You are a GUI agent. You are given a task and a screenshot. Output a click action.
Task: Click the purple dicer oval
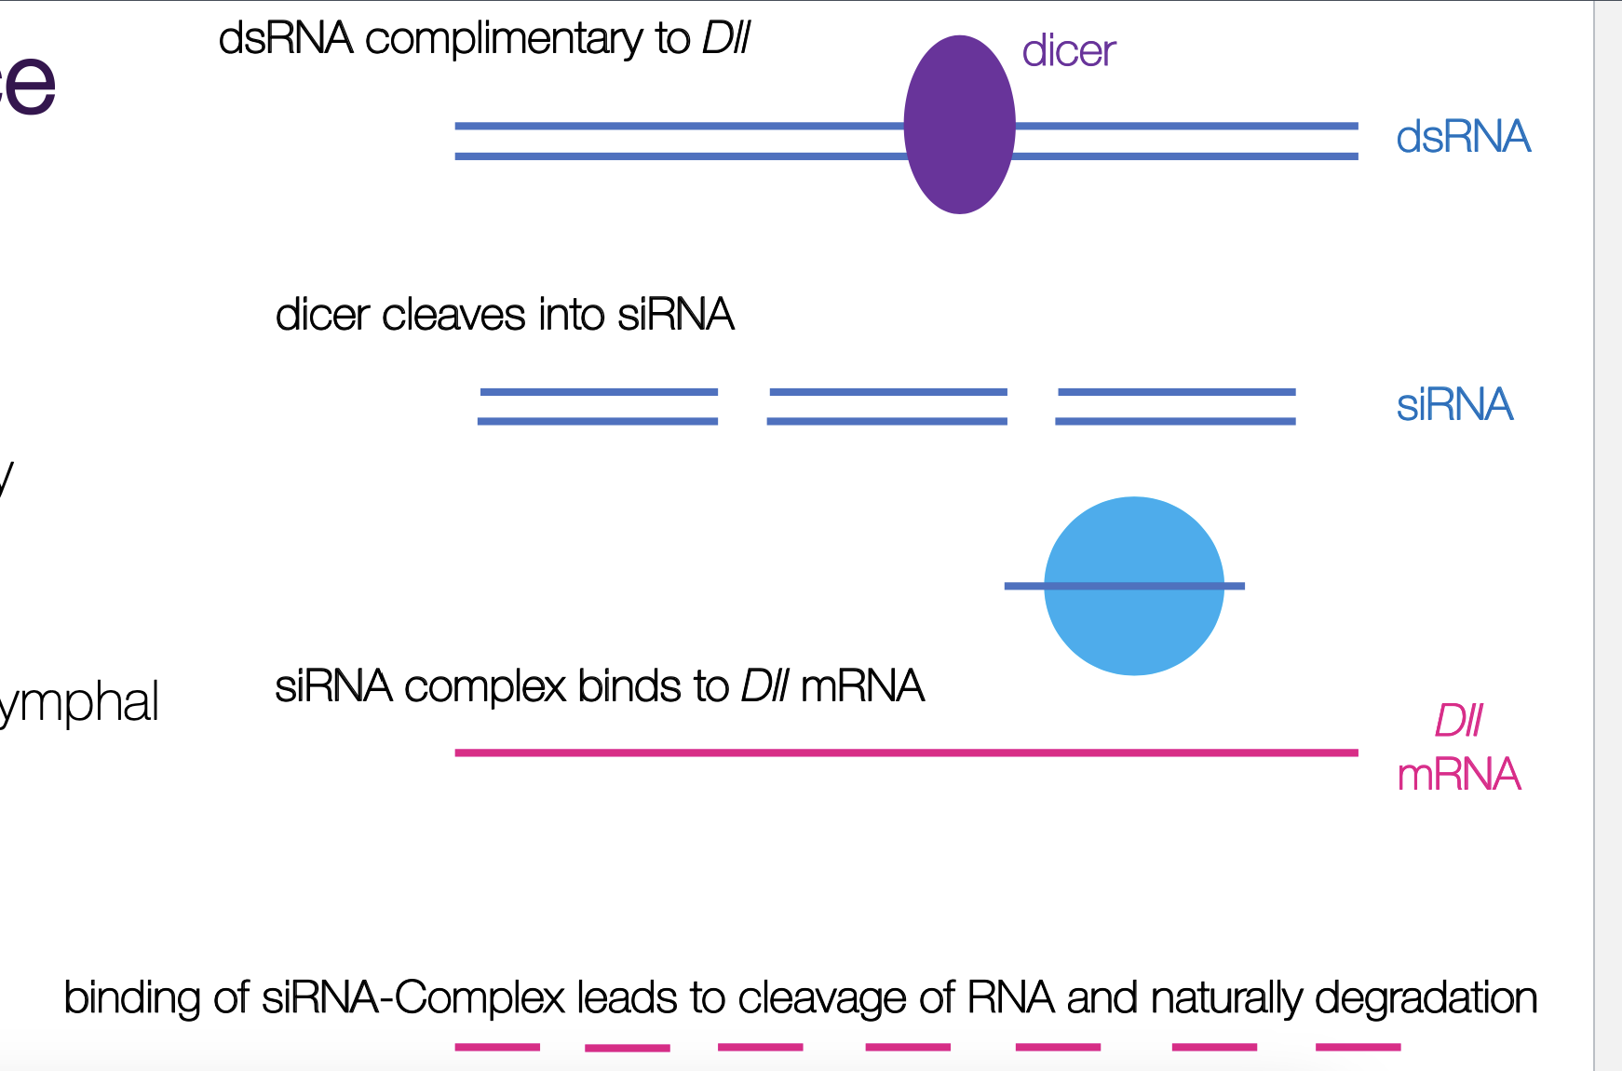pyautogui.click(x=959, y=125)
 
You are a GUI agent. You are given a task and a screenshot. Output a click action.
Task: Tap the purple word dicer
pyautogui.click(x=1068, y=50)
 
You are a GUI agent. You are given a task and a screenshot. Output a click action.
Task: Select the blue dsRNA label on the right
pyautogui.click(x=1463, y=137)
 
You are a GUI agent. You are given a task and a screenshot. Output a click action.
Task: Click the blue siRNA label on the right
pyautogui.click(x=1454, y=405)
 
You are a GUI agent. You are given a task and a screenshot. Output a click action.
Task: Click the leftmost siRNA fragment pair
pyautogui.click(x=598, y=407)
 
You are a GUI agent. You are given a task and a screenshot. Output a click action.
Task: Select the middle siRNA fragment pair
pyautogui.click(x=887, y=407)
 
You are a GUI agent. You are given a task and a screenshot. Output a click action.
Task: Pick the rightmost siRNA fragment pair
pyautogui.click(x=1176, y=407)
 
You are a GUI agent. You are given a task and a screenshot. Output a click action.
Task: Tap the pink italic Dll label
pyautogui.click(x=1458, y=721)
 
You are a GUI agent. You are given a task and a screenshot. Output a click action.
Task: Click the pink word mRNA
pyautogui.click(x=1459, y=775)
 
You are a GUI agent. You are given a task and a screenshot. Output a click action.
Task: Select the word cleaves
pyautogui.click(x=453, y=315)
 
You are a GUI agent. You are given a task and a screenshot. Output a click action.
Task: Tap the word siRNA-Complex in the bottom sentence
pyautogui.click(x=412, y=998)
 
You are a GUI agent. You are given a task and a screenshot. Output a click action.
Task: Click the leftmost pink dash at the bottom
pyautogui.click(x=497, y=1047)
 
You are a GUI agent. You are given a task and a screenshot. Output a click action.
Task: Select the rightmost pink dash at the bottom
pyautogui.click(x=1358, y=1047)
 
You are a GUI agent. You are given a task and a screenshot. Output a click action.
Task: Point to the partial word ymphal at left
pyautogui.click(x=80, y=702)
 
